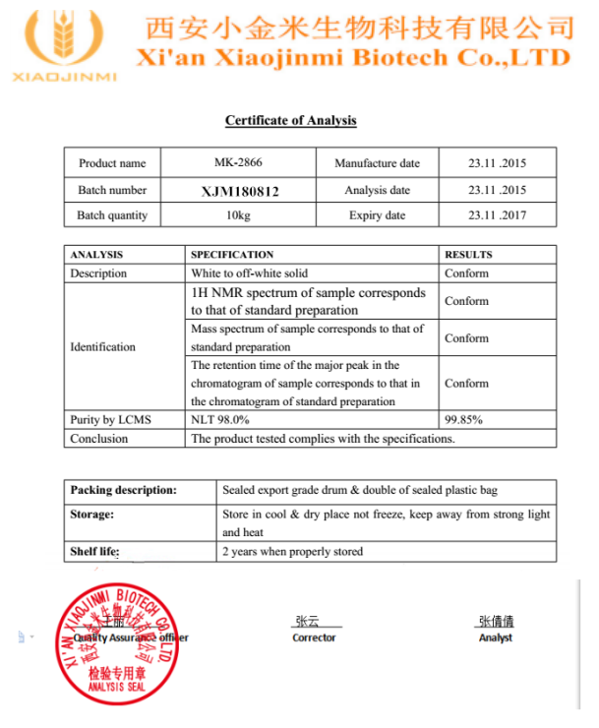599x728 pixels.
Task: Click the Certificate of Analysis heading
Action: click(x=290, y=121)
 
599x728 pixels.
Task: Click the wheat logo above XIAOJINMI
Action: click(x=61, y=39)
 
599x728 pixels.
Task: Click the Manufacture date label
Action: click(x=377, y=163)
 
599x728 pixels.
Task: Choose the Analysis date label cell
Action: click(x=377, y=190)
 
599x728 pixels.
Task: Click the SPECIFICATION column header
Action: click(x=232, y=255)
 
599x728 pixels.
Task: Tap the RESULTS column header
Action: click(x=468, y=255)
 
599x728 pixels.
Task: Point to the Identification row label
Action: click(x=103, y=346)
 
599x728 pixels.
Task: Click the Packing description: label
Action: click(x=124, y=490)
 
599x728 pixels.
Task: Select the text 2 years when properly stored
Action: click(x=293, y=551)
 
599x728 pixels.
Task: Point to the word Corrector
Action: click(x=314, y=637)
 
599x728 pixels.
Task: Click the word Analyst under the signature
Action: click(x=495, y=637)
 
